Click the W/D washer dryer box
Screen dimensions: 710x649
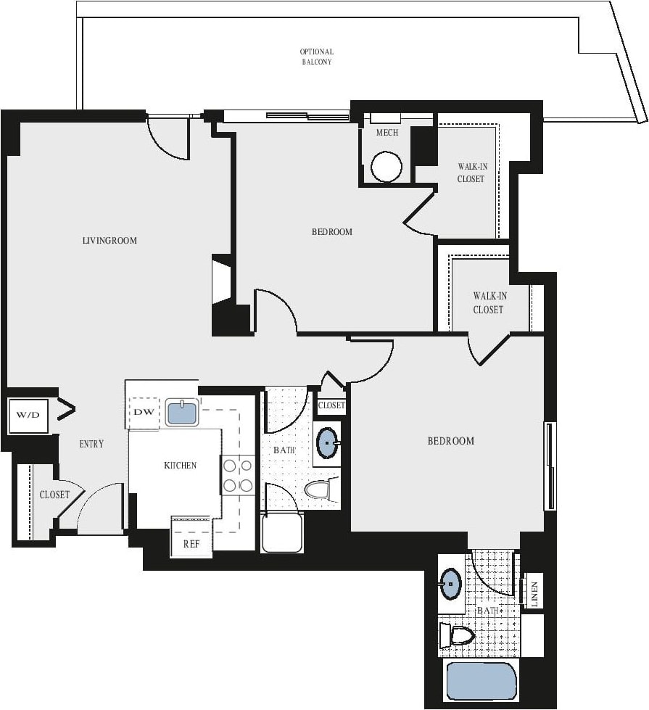pos(28,416)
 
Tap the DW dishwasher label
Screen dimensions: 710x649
pos(142,412)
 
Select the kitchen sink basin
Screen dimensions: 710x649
pos(182,413)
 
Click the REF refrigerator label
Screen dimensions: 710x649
pos(191,543)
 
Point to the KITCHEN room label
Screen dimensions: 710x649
pos(180,466)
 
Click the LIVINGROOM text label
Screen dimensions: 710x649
pos(109,240)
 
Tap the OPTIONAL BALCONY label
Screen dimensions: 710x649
pos(317,57)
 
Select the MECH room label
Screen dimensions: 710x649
pos(386,133)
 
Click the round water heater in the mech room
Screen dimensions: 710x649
pos(386,167)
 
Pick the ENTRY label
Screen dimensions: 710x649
pos(91,444)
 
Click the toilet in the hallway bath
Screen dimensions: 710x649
pos(318,490)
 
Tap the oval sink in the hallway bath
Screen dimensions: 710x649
pos(328,442)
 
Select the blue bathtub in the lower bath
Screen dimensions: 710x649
pos(479,681)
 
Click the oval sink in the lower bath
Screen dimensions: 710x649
pos(451,583)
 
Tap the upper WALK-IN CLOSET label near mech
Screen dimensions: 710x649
pos(471,173)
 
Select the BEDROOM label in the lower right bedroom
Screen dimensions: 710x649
pos(450,441)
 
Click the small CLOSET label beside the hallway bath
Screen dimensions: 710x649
pos(331,405)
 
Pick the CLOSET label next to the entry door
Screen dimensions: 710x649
pos(54,495)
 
